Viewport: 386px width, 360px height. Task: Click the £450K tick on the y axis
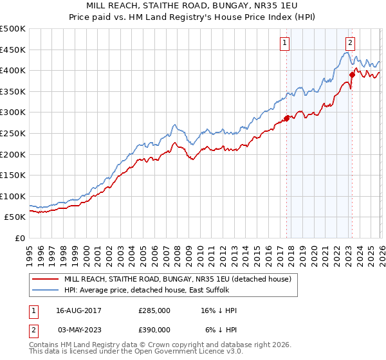[x=13, y=50]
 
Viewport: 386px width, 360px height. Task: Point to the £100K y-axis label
[x=13, y=196]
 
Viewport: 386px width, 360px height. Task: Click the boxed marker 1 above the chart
[x=284, y=43]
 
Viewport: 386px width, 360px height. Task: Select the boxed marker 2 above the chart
[x=350, y=43]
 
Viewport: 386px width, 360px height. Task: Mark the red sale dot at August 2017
[x=286, y=118]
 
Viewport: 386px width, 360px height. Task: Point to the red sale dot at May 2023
[x=352, y=75]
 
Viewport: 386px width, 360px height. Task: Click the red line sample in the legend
[x=45, y=279]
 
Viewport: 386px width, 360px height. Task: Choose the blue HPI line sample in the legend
[x=45, y=290]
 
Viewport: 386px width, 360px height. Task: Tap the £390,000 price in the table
[x=154, y=330]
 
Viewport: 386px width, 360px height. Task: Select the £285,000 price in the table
[x=154, y=310]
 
